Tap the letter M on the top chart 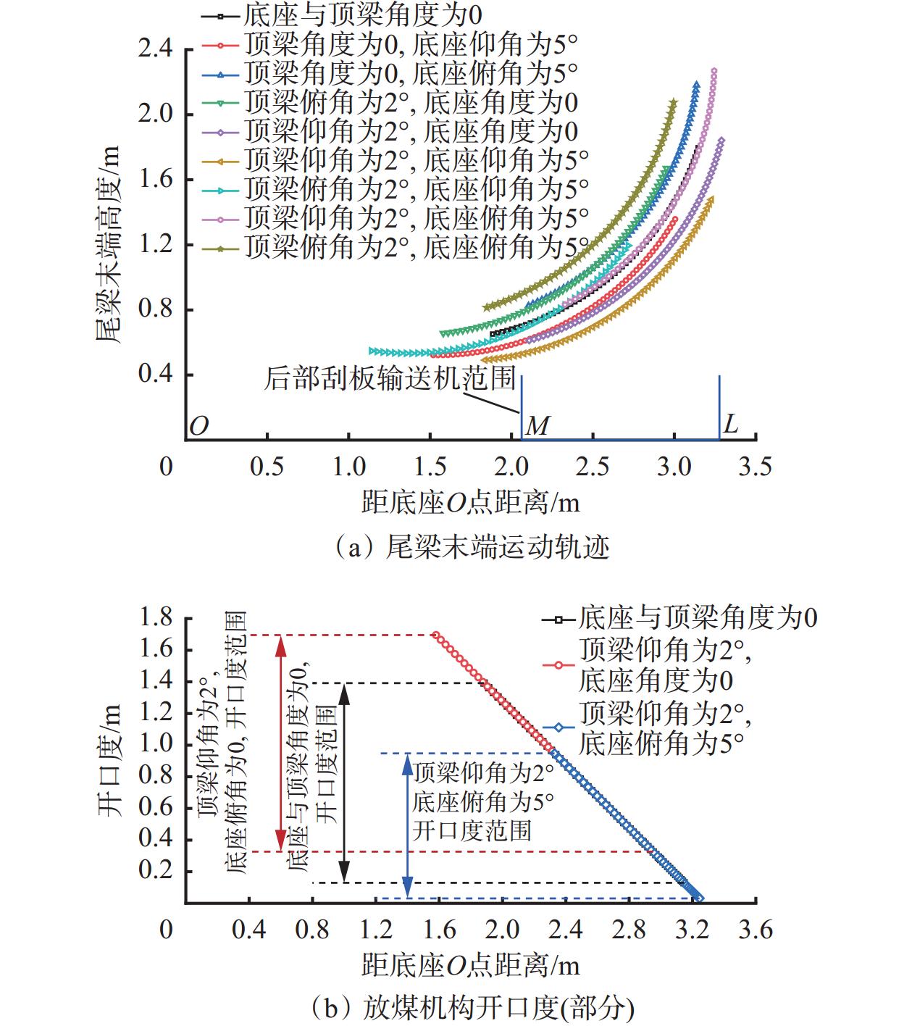tap(537, 426)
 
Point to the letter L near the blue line tap(731, 424)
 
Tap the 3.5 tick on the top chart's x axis tap(755, 467)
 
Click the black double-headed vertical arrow tap(345, 783)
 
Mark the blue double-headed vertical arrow tap(408, 826)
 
